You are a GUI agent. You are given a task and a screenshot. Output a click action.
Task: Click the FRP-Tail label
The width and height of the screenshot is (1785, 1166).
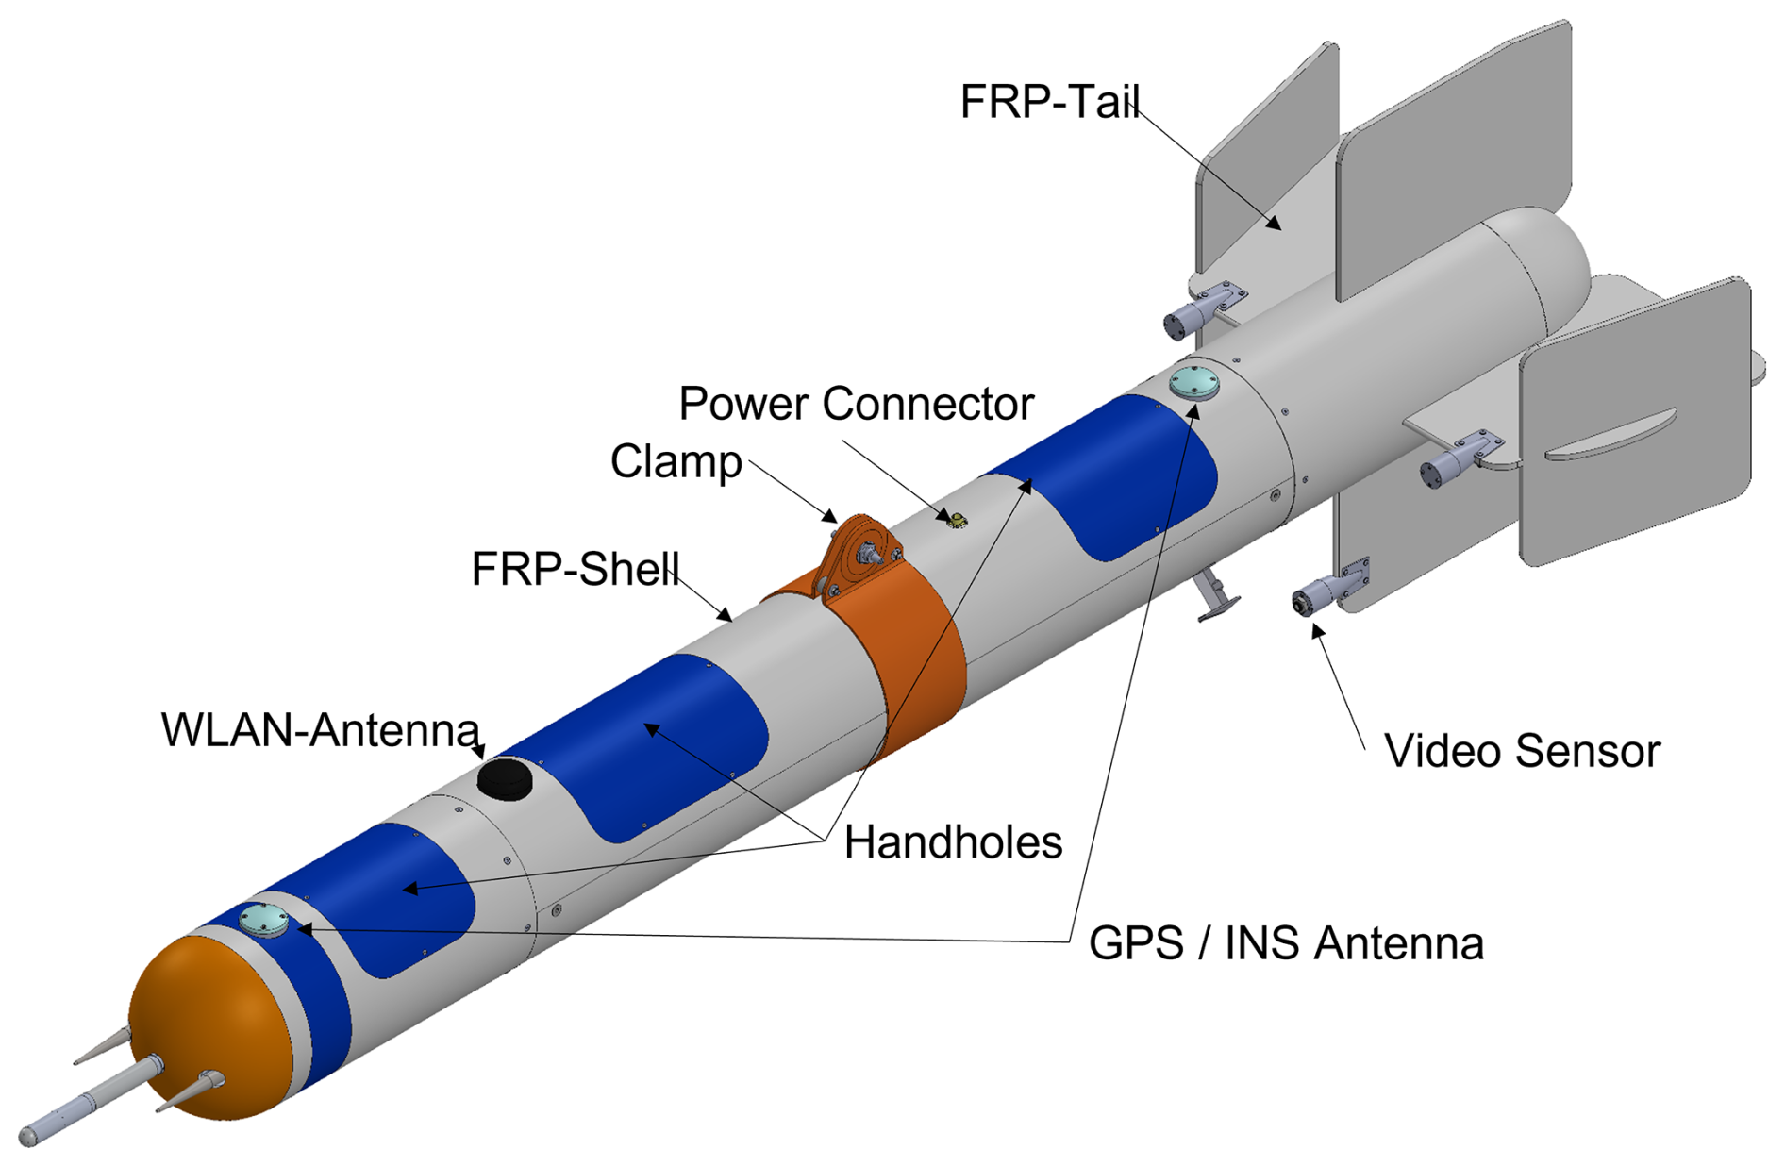tap(1049, 102)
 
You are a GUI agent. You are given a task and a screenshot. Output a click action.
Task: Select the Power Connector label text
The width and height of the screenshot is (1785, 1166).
tap(856, 405)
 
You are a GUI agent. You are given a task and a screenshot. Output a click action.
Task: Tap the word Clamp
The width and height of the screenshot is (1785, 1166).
tap(676, 462)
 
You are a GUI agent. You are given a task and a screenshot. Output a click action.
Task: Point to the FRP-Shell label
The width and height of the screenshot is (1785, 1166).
tap(575, 569)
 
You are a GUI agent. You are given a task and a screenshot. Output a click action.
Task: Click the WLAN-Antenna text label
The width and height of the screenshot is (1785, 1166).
tap(321, 730)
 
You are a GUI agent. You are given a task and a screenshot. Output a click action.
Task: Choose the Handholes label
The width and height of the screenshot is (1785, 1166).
tap(953, 842)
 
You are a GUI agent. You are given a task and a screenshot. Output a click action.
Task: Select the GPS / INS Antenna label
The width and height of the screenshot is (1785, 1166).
tap(1286, 943)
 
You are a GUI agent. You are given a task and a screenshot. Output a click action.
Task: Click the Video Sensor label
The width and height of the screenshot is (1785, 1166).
tap(1521, 752)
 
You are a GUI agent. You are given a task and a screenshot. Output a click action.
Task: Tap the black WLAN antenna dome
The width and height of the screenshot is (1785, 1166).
tap(505, 778)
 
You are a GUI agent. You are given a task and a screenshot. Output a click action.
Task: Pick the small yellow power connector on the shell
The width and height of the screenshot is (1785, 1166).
tap(956, 518)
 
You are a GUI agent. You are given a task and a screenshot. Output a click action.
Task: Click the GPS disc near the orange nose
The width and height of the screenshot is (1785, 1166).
tap(263, 919)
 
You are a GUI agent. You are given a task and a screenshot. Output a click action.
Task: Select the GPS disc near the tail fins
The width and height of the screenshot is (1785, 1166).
tap(1193, 382)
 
